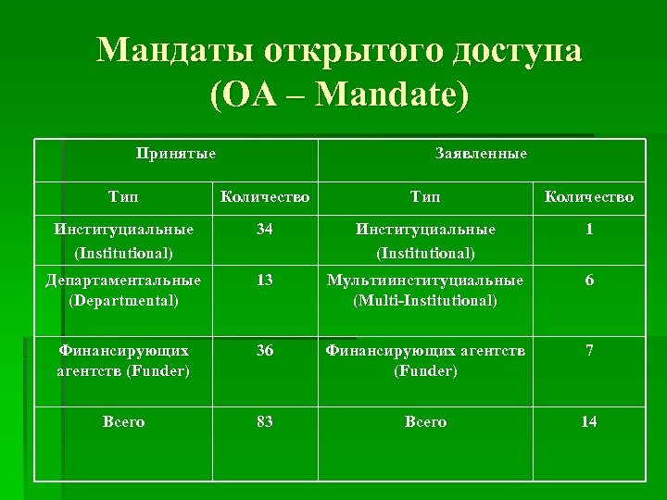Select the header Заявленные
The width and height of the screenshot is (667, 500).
click(481, 153)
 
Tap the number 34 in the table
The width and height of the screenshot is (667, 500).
click(265, 229)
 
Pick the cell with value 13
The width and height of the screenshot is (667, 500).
click(265, 280)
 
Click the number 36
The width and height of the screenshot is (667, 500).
click(265, 351)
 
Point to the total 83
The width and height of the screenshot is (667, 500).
click(265, 421)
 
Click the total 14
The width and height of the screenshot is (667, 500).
click(588, 421)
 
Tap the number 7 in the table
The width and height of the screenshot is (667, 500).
click(588, 351)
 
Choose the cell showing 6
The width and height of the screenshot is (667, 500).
click(588, 280)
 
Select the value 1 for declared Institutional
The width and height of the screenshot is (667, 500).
click(588, 229)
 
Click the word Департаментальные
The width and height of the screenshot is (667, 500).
click(123, 280)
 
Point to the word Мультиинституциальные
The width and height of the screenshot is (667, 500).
click(425, 280)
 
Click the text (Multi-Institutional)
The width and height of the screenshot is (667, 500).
click(425, 300)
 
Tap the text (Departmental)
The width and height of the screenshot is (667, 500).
click(123, 300)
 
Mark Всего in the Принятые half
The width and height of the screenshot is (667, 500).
click(123, 421)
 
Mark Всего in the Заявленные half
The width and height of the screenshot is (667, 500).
click(425, 421)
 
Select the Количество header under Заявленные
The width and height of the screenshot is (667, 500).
click(588, 196)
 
